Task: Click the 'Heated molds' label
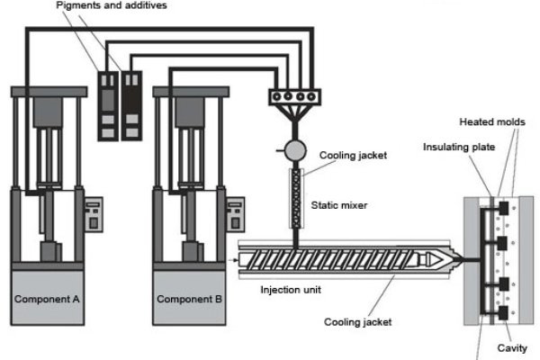pyautogui.click(x=492, y=121)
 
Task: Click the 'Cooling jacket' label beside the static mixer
pyautogui.click(x=353, y=155)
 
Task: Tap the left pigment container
pyautogui.click(x=108, y=103)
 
